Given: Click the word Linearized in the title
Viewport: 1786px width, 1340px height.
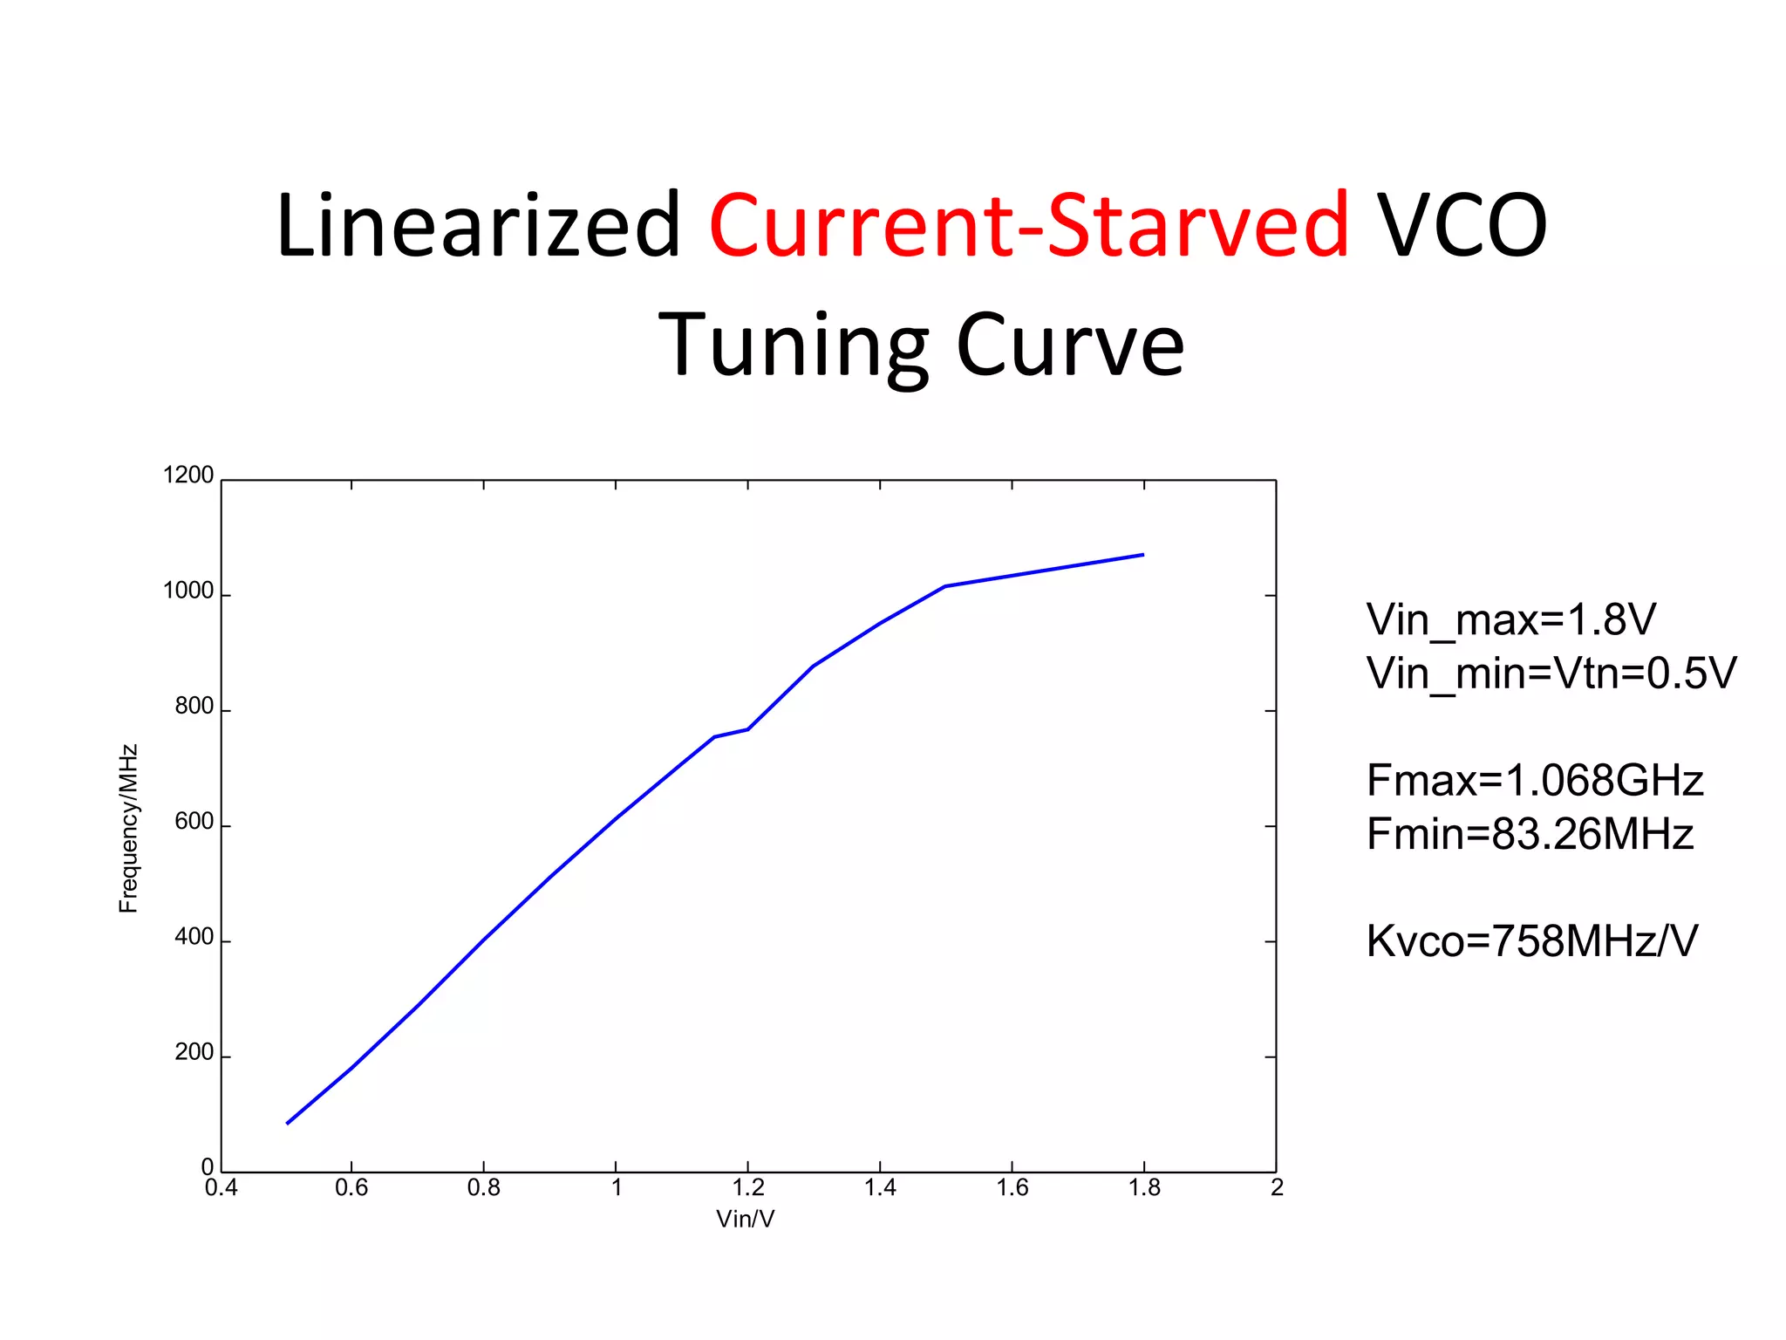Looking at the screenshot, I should [x=477, y=227].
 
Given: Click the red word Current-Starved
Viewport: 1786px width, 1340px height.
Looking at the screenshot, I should [x=1029, y=227].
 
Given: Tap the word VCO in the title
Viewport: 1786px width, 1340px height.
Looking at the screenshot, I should [x=1462, y=227].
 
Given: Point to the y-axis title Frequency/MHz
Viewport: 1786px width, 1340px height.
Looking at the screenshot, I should [x=128, y=828].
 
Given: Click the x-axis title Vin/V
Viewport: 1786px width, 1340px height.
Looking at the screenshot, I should [x=745, y=1219].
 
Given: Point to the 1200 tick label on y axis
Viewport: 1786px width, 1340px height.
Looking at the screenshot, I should [x=188, y=475].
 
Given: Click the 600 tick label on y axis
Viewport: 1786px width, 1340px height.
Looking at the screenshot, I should [x=194, y=822].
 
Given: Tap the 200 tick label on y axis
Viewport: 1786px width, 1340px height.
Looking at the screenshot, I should [x=194, y=1052].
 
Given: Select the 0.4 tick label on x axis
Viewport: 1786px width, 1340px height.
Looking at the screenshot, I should [x=221, y=1188].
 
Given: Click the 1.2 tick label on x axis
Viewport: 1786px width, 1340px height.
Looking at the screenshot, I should [x=748, y=1188].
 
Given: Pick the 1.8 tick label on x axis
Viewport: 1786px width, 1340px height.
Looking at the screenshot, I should [x=1144, y=1188].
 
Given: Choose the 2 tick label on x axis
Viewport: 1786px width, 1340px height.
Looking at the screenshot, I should [x=1277, y=1188].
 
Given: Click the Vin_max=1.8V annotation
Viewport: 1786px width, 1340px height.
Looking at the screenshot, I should [x=1510, y=620].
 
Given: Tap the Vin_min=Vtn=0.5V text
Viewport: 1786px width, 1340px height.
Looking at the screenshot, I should [x=1551, y=673].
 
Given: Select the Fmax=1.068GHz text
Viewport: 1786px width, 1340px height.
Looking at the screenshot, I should [x=1534, y=781].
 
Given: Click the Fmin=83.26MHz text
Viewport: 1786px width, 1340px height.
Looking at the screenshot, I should [x=1530, y=834].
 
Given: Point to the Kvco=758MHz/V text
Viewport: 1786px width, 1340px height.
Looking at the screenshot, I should [x=1531, y=941].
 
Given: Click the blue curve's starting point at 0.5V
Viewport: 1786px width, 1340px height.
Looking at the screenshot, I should [x=288, y=1123].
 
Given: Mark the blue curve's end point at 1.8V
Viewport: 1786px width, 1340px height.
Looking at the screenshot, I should [x=1142, y=555].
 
